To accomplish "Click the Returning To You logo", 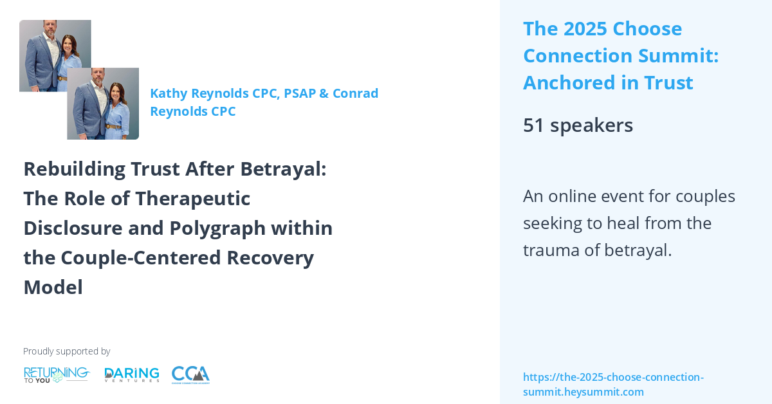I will coord(56,374).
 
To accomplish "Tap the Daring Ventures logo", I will coord(132,374).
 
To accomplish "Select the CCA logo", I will coord(190,374).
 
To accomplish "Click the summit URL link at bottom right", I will coord(613,384).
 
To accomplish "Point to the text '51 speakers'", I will coord(578,125).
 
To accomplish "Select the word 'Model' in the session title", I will coord(53,287).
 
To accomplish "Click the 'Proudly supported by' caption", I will coord(66,351).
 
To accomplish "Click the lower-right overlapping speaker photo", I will coord(103,104).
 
